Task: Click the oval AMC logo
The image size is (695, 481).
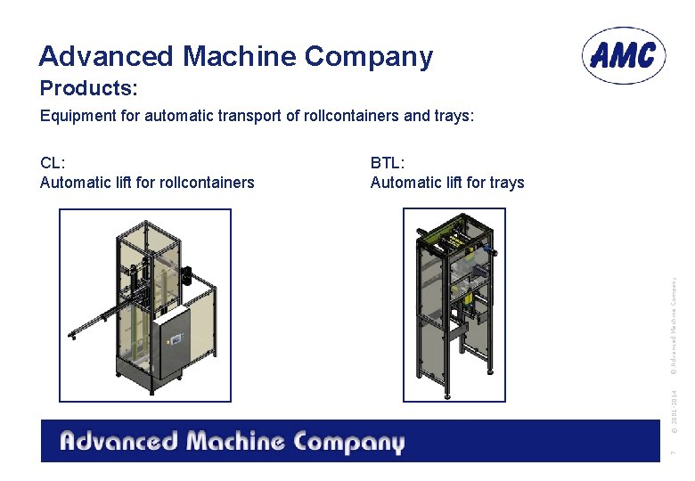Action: click(624, 55)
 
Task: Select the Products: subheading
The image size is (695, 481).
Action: click(86, 89)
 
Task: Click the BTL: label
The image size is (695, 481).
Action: click(388, 163)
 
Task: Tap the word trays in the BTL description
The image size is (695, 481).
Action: click(506, 183)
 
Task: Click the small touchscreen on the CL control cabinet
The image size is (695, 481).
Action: click(175, 338)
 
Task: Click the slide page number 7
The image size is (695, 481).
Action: click(675, 453)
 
